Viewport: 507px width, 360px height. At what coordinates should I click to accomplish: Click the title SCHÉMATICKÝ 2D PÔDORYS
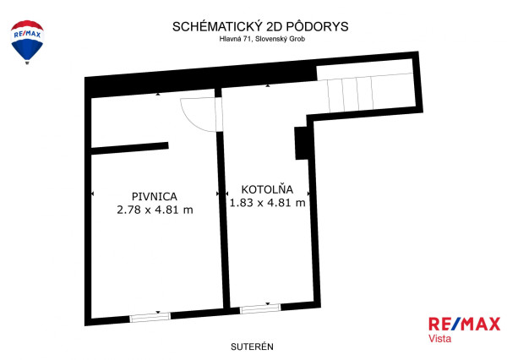[x=253, y=26]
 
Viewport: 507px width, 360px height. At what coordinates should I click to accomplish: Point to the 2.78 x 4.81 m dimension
[x=154, y=210]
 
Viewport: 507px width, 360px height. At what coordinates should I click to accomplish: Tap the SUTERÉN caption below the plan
[x=253, y=346]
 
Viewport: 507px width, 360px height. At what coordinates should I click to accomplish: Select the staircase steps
[x=352, y=92]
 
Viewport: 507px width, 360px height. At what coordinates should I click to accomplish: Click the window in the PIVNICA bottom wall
[x=150, y=318]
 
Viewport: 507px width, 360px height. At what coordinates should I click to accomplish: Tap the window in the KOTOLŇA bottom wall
[x=260, y=310]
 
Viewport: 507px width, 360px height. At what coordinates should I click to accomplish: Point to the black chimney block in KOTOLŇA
[x=300, y=143]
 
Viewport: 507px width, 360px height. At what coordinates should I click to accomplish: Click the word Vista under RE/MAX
[x=441, y=338]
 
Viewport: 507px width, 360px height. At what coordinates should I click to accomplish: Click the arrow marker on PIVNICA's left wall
[x=91, y=195]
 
